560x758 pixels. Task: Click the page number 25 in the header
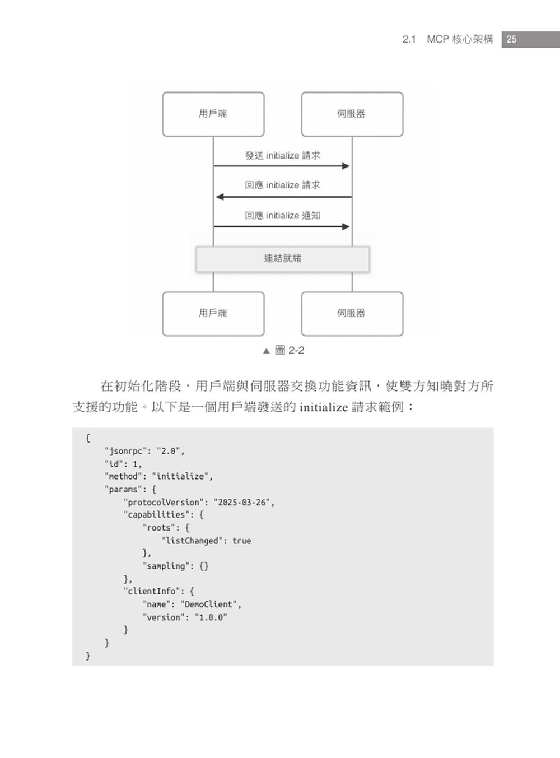coord(511,39)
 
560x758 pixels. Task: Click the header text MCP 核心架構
coord(460,39)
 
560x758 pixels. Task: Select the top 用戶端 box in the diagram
coord(213,114)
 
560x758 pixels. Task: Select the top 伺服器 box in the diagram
coord(352,114)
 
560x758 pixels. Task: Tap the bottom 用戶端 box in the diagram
coord(213,314)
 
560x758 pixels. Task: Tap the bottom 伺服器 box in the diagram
coord(352,314)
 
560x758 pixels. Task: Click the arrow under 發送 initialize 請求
coord(282,166)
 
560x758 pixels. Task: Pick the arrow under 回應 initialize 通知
coord(282,227)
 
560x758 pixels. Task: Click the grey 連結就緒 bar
coord(282,259)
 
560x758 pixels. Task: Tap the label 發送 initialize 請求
coord(282,155)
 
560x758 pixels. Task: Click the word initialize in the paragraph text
coord(324,407)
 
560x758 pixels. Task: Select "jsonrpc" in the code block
coord(125,451)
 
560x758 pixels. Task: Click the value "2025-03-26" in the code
coord(242,503)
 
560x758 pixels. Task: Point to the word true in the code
coord(241,541)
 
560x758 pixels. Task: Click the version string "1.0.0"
coord(211,617)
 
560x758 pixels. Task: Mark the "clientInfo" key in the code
coord(151,591)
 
